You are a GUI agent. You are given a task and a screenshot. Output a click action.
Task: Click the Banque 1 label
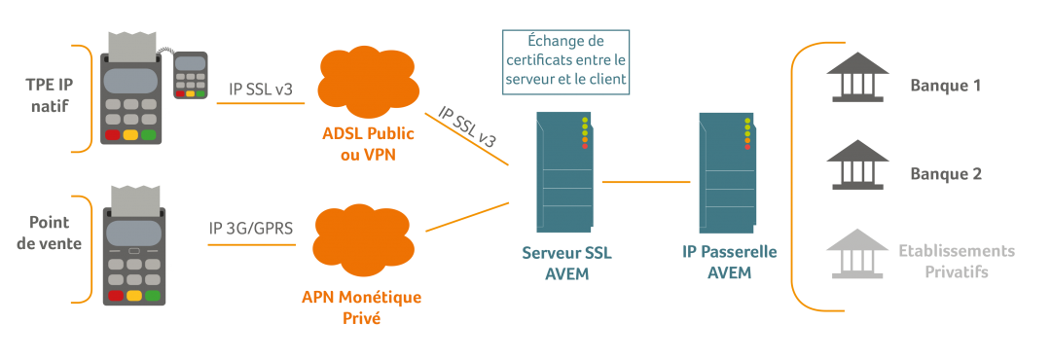click(x=945, y=86)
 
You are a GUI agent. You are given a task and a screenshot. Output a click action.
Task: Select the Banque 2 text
click(x=945, y=174)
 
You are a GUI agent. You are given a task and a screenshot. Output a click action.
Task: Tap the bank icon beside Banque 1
click(x=856, y=78)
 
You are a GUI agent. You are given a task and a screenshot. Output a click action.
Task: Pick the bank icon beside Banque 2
click(x=856, y=165)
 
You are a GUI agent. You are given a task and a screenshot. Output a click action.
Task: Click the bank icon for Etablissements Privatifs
click(x=856, y=254)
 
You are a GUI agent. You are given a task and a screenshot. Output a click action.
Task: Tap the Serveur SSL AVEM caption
click(x=566, y=263)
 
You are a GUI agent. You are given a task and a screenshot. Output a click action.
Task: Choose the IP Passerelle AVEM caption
click(x=730, y=263)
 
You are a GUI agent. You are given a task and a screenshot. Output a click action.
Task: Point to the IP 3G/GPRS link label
click(x=251, y=230)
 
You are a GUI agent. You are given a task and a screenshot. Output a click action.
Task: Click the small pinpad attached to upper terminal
click(x=191, y=75)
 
